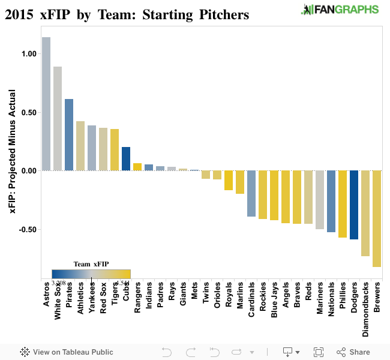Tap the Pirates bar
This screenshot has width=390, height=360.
pos(69,134)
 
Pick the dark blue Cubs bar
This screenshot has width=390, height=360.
pos(126,158)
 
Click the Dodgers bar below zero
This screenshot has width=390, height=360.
pos(354,205)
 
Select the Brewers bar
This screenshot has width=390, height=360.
pos(377,218)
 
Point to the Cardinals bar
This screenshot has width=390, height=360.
pos(251,193)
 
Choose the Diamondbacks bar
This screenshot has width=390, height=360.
pos(365,213)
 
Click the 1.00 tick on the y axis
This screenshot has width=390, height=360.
pos(28,53)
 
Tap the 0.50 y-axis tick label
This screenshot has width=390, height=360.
pos(28,112)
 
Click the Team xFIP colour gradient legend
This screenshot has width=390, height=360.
pos(91,274)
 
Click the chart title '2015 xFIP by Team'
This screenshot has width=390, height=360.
pos(127,14)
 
